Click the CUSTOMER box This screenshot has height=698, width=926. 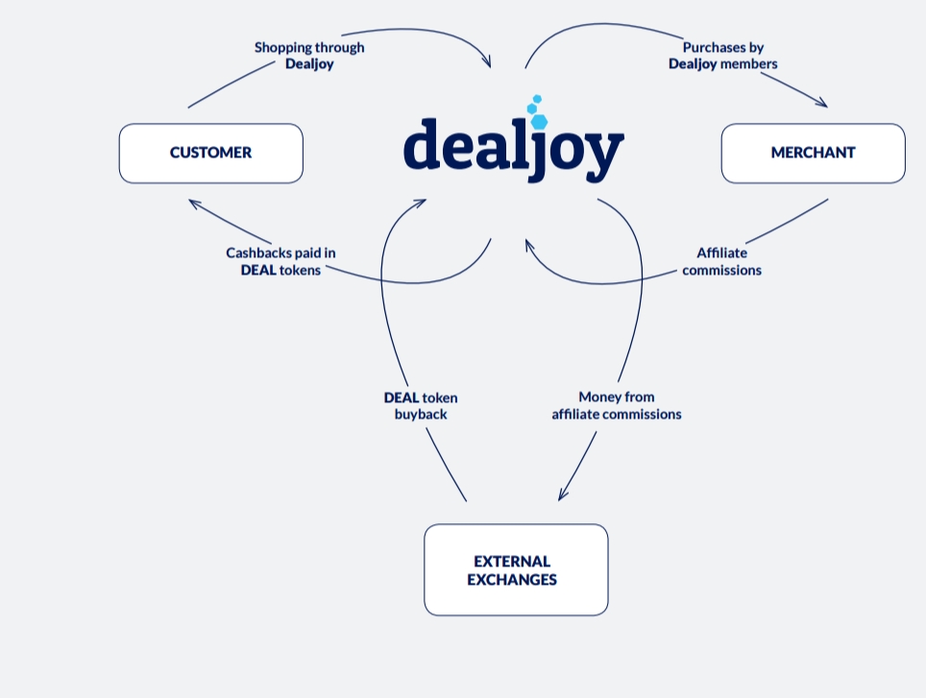(210, 154)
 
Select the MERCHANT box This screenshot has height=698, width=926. (814, 154)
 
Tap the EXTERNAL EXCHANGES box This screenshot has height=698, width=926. (516, 570)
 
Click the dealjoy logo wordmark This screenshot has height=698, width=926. (513, 150)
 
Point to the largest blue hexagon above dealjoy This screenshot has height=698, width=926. (539, 122)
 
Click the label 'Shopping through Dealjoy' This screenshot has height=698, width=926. (309, 56)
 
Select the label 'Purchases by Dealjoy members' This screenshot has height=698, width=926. (723, 56)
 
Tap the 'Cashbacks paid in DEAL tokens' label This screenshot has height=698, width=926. (280, 261)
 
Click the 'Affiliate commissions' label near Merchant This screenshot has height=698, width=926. (721, 261)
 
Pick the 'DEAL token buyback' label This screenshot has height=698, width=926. (421, 406)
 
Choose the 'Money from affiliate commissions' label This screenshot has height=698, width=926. (617, 405)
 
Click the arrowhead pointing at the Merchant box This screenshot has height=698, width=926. (822, 104)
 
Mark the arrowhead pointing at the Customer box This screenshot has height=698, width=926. (194, 204)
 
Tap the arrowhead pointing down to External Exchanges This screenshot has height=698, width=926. (562, 494)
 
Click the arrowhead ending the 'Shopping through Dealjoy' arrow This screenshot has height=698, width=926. (487, 60)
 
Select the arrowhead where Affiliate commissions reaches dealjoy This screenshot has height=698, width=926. (528, 245)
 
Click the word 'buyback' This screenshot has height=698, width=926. (421, 414)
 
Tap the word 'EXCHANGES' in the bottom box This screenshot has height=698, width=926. (512, 579)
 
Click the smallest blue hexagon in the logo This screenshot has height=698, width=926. (537, 99)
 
